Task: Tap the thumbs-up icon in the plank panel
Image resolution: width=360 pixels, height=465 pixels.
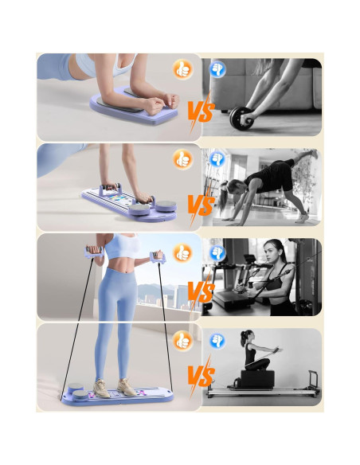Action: (182, 69)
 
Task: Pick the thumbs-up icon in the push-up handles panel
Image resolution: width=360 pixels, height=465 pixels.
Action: (182, 159)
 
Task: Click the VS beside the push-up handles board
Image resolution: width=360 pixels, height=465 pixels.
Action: (201, 206)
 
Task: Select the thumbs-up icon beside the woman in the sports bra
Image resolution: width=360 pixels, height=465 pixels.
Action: (182, 253)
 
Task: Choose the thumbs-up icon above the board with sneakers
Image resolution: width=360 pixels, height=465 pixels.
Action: (182, 338)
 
